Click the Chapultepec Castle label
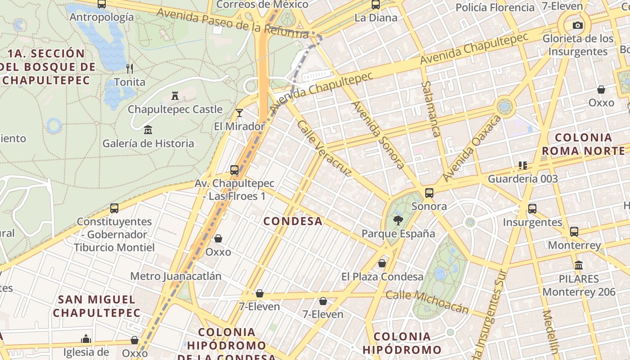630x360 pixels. (175, 109)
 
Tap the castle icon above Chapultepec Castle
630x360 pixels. (175, 95)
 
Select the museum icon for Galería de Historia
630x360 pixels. (148, 130)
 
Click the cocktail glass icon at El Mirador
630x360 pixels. (239, 112)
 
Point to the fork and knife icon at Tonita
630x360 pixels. (130, 68)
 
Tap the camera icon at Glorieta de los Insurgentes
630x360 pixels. (578, 25)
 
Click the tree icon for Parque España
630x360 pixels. (398, 220)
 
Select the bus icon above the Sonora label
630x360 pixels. (429, 193)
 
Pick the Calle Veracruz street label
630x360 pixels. (324, 148)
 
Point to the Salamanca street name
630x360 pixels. (431, 109)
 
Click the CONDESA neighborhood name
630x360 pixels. (293, 221)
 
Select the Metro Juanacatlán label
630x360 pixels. (176, 276)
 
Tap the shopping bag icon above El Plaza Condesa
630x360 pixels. (382, 263)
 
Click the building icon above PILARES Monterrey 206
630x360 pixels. (579, 265)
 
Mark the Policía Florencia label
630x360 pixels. (495, 8)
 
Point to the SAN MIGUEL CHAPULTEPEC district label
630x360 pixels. (97, 306)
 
